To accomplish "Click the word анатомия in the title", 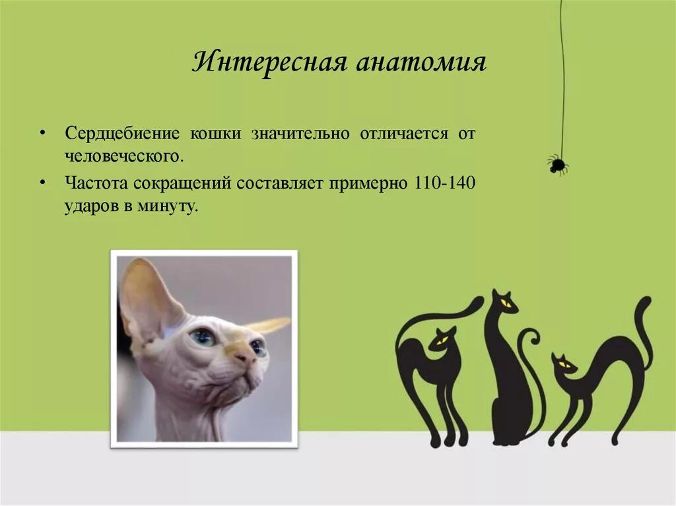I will (x=421, y=63).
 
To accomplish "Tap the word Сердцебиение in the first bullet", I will (x=122, y=133).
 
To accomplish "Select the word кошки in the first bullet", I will (x=215, y=133).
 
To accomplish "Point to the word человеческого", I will (x=123, y=157).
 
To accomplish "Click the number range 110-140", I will (x=445, y=182).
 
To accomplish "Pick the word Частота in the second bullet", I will (x=92, y=182).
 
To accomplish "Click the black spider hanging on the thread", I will (x=557, y=164).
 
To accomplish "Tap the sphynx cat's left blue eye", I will (x=203, y=337).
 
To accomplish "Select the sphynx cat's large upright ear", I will (x=145, y=297).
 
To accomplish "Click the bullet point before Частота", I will (x=42, y=183).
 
